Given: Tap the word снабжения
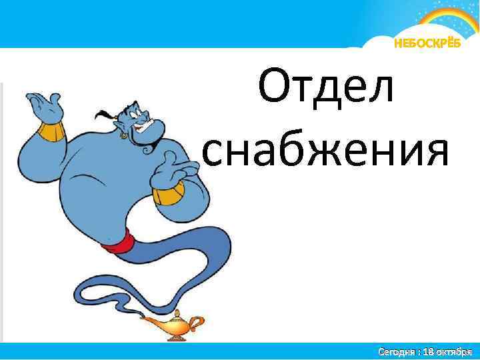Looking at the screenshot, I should coord(325,149).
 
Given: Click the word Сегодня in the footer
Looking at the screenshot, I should coord(397,351).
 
